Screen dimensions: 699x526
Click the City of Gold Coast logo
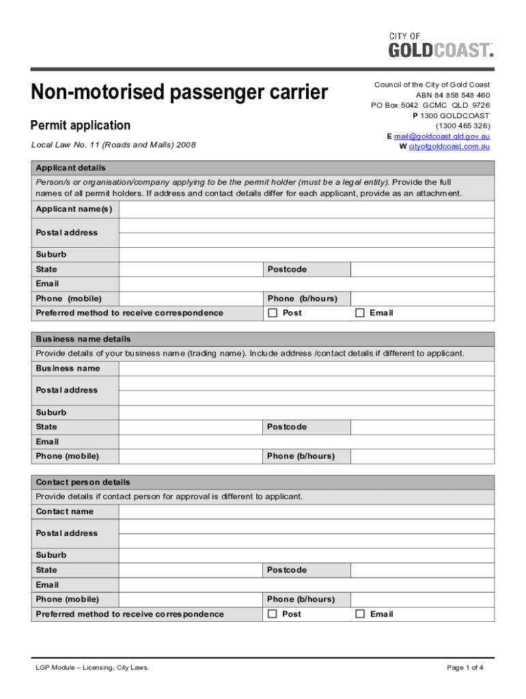[441, 45]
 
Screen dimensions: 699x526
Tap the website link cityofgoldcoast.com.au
[449, 147]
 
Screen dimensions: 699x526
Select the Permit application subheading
[81, 126]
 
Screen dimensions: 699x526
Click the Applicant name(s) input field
[306, 209]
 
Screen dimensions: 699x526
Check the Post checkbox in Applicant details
[273, 313]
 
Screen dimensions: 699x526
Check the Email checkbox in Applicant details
[360, 313]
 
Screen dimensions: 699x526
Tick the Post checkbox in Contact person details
[273, 614]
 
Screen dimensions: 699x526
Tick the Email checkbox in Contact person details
[360, 614]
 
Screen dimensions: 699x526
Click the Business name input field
[306, 369]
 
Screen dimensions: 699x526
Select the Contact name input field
[306, 512]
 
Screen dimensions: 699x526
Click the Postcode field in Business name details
[422, 427]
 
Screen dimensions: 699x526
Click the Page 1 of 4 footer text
[465, 668]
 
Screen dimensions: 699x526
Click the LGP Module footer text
[92, 668]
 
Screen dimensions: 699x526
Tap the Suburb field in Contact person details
[306, 556]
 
